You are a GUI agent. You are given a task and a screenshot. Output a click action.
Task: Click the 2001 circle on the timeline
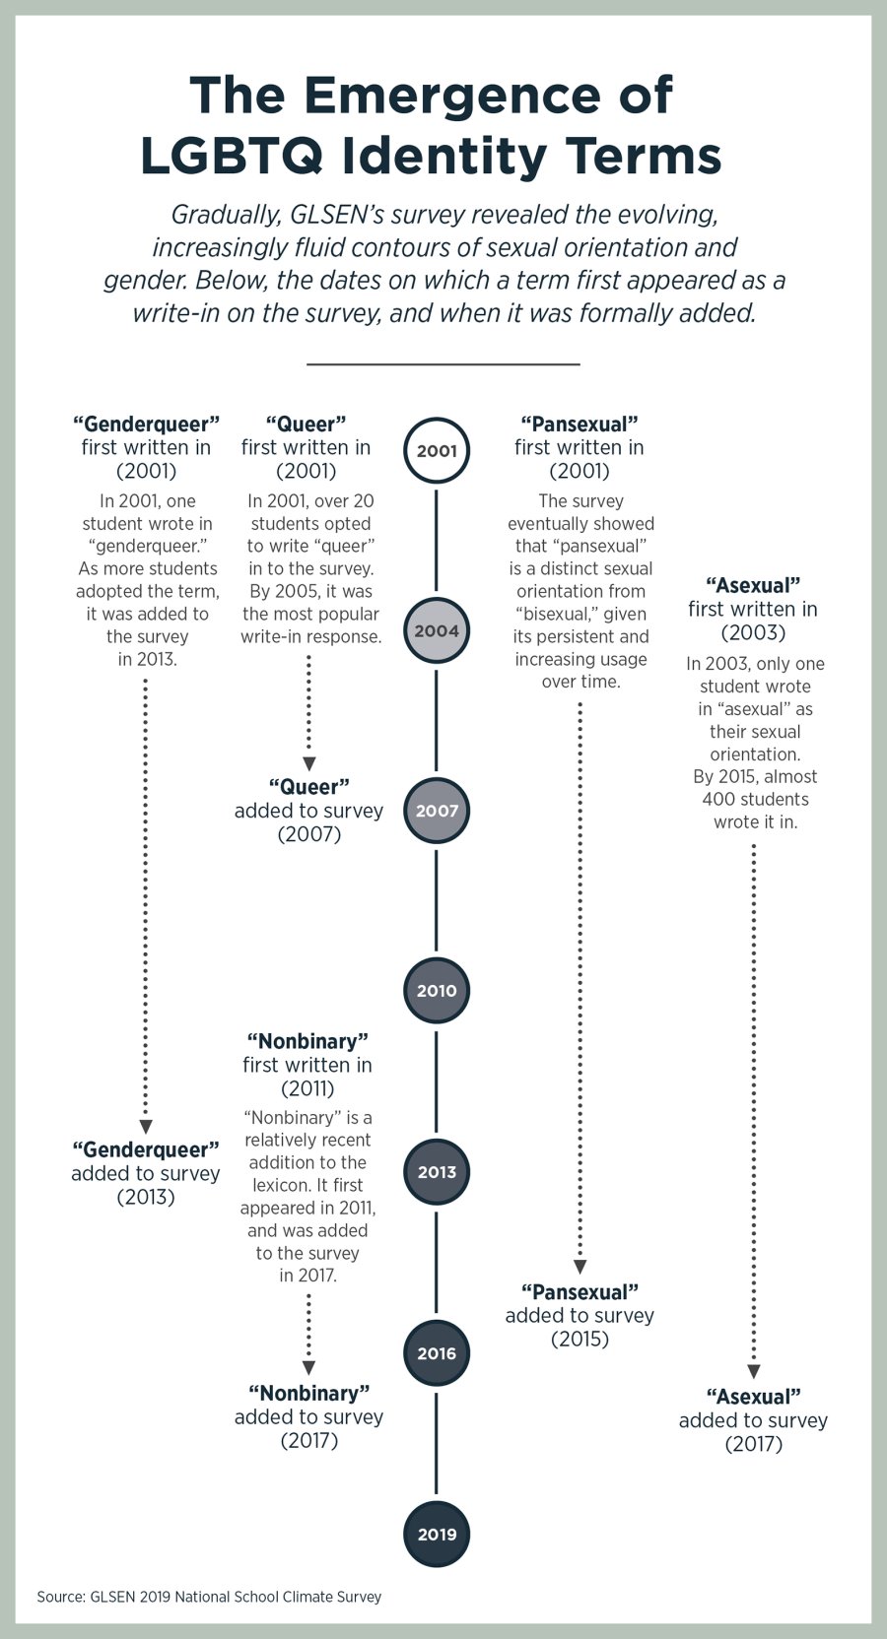437,451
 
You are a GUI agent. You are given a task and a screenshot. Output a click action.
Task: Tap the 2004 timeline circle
437,630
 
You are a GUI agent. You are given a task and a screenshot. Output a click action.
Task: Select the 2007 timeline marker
437,811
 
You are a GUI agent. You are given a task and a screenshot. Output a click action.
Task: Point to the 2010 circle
437,991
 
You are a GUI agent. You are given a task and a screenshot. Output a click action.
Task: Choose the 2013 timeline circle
437,1172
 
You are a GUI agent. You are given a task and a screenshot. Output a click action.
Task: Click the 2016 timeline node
437,1353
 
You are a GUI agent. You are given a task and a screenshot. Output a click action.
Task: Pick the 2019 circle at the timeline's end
437,1534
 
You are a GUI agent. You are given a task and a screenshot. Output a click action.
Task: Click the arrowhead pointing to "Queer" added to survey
308,764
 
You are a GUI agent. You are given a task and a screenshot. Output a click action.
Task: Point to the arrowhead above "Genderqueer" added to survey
146,1126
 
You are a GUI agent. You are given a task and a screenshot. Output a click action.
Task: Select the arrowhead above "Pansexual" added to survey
580,1267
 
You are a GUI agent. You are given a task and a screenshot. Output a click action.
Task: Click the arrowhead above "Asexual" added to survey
754,1371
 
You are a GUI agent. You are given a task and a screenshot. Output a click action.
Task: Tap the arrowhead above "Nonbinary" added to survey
308,1368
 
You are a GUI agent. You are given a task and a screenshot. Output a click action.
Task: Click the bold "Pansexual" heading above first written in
580,425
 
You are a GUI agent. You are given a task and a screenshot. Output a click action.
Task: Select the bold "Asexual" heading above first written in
753,586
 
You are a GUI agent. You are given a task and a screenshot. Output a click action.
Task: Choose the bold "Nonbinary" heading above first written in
307,1041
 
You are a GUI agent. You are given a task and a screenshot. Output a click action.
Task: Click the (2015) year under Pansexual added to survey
580,1340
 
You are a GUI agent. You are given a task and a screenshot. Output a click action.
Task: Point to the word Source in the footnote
60,1597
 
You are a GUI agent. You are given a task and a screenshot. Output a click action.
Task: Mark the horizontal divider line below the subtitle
443,364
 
